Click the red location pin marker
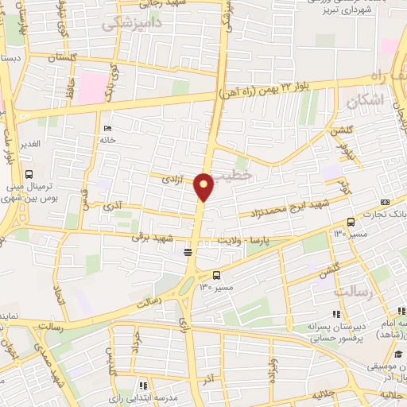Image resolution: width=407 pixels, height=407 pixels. click(205, 186)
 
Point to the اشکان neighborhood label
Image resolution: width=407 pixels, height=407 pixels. click(366, 101)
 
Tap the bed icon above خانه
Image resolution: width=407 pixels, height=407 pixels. click(107, 129)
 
